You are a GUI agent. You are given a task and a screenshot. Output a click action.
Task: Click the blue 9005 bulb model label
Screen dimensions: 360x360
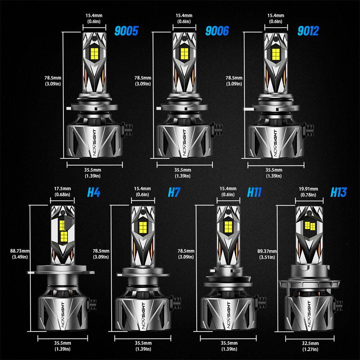pyautogui.click(x=126, y=31)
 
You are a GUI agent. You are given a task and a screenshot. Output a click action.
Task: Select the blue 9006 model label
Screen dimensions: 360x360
pyautogui.click(x=217, y=31)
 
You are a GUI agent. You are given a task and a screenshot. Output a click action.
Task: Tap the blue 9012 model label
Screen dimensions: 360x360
pyautogui.click(x=308, y=31)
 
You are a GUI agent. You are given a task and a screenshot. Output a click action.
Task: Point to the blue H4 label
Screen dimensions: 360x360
pyautogui.click(x=94, y=192)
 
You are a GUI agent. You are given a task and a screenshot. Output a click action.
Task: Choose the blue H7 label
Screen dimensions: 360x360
pyautogui.click(x=174, y=192)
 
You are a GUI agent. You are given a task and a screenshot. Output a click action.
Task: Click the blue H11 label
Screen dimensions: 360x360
pyautogui.click(x=255, y=192)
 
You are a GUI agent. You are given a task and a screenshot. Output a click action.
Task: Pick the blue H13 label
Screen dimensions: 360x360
pyautogui.click(x=339, y=192)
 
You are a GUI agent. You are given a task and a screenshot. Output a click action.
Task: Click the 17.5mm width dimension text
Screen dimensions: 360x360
pyautogui.click(x=62, y=189)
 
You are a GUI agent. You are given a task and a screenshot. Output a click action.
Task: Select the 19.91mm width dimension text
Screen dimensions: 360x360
pyautogui.click(x=309, y=189)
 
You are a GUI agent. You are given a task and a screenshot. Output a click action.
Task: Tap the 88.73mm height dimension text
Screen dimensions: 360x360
pyautogui.click(x=20, y=251)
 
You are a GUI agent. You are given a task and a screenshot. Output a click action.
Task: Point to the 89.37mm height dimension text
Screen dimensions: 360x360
pyautogui.click(x=267, y=251)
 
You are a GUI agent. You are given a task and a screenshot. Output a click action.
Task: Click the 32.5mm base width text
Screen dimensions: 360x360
pyautogui.click(x=310, y=343)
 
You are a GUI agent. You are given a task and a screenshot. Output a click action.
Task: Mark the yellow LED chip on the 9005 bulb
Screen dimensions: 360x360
pyautogui.click(x=94, y=53)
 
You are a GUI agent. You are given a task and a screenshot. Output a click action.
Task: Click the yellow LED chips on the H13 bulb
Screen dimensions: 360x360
pyautogui.click(x=310, y=226)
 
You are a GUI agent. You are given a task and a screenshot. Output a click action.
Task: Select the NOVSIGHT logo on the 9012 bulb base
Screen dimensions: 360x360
pyautogui.click(x=276, y=143)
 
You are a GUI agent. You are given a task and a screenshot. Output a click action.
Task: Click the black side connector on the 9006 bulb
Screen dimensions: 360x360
pyautogui.click(x=217, y=129)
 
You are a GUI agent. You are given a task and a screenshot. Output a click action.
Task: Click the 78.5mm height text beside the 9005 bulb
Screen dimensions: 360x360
pyautogui.click(x=53, y=78)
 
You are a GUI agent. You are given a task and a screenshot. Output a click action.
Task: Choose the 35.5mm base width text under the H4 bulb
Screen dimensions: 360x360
pyautogui.click(x=62, y=343)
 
